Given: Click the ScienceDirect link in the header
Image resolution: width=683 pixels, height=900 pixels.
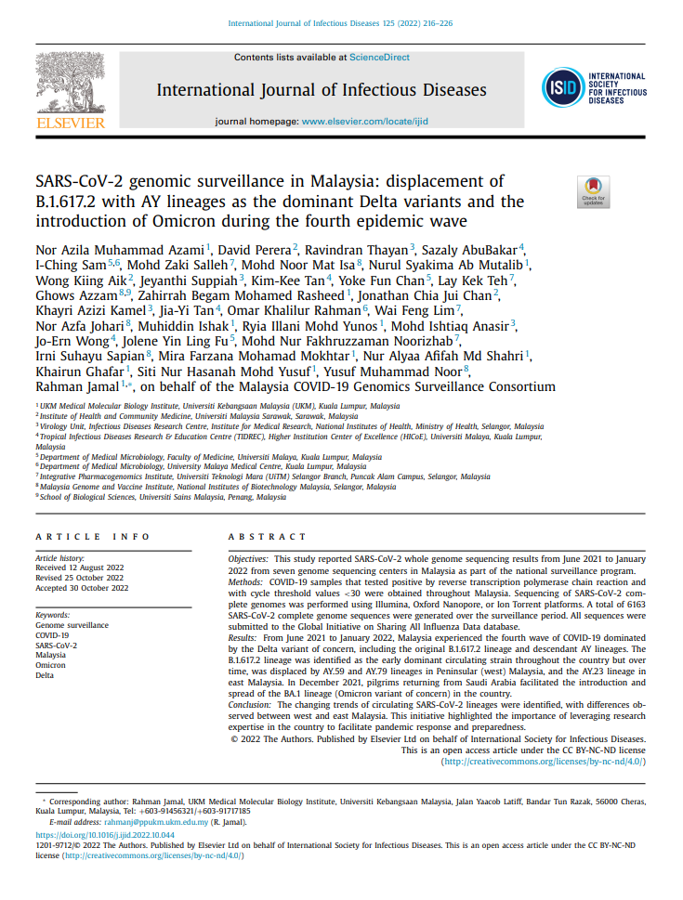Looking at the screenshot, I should click(379, 58).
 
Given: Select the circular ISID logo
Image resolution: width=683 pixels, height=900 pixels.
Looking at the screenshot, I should click(563, 89).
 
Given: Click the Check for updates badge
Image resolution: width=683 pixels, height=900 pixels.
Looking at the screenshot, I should click(593, 189).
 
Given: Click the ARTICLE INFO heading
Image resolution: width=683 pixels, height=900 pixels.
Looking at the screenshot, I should click(92, 537).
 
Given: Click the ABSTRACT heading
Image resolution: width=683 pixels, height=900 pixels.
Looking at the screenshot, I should click(267, 537).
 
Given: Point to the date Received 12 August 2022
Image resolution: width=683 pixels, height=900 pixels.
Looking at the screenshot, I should click(80, 567).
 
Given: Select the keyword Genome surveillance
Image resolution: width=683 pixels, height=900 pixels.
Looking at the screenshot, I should click(72, 625).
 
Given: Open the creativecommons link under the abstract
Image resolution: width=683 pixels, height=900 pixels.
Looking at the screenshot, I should click(544, 761).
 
